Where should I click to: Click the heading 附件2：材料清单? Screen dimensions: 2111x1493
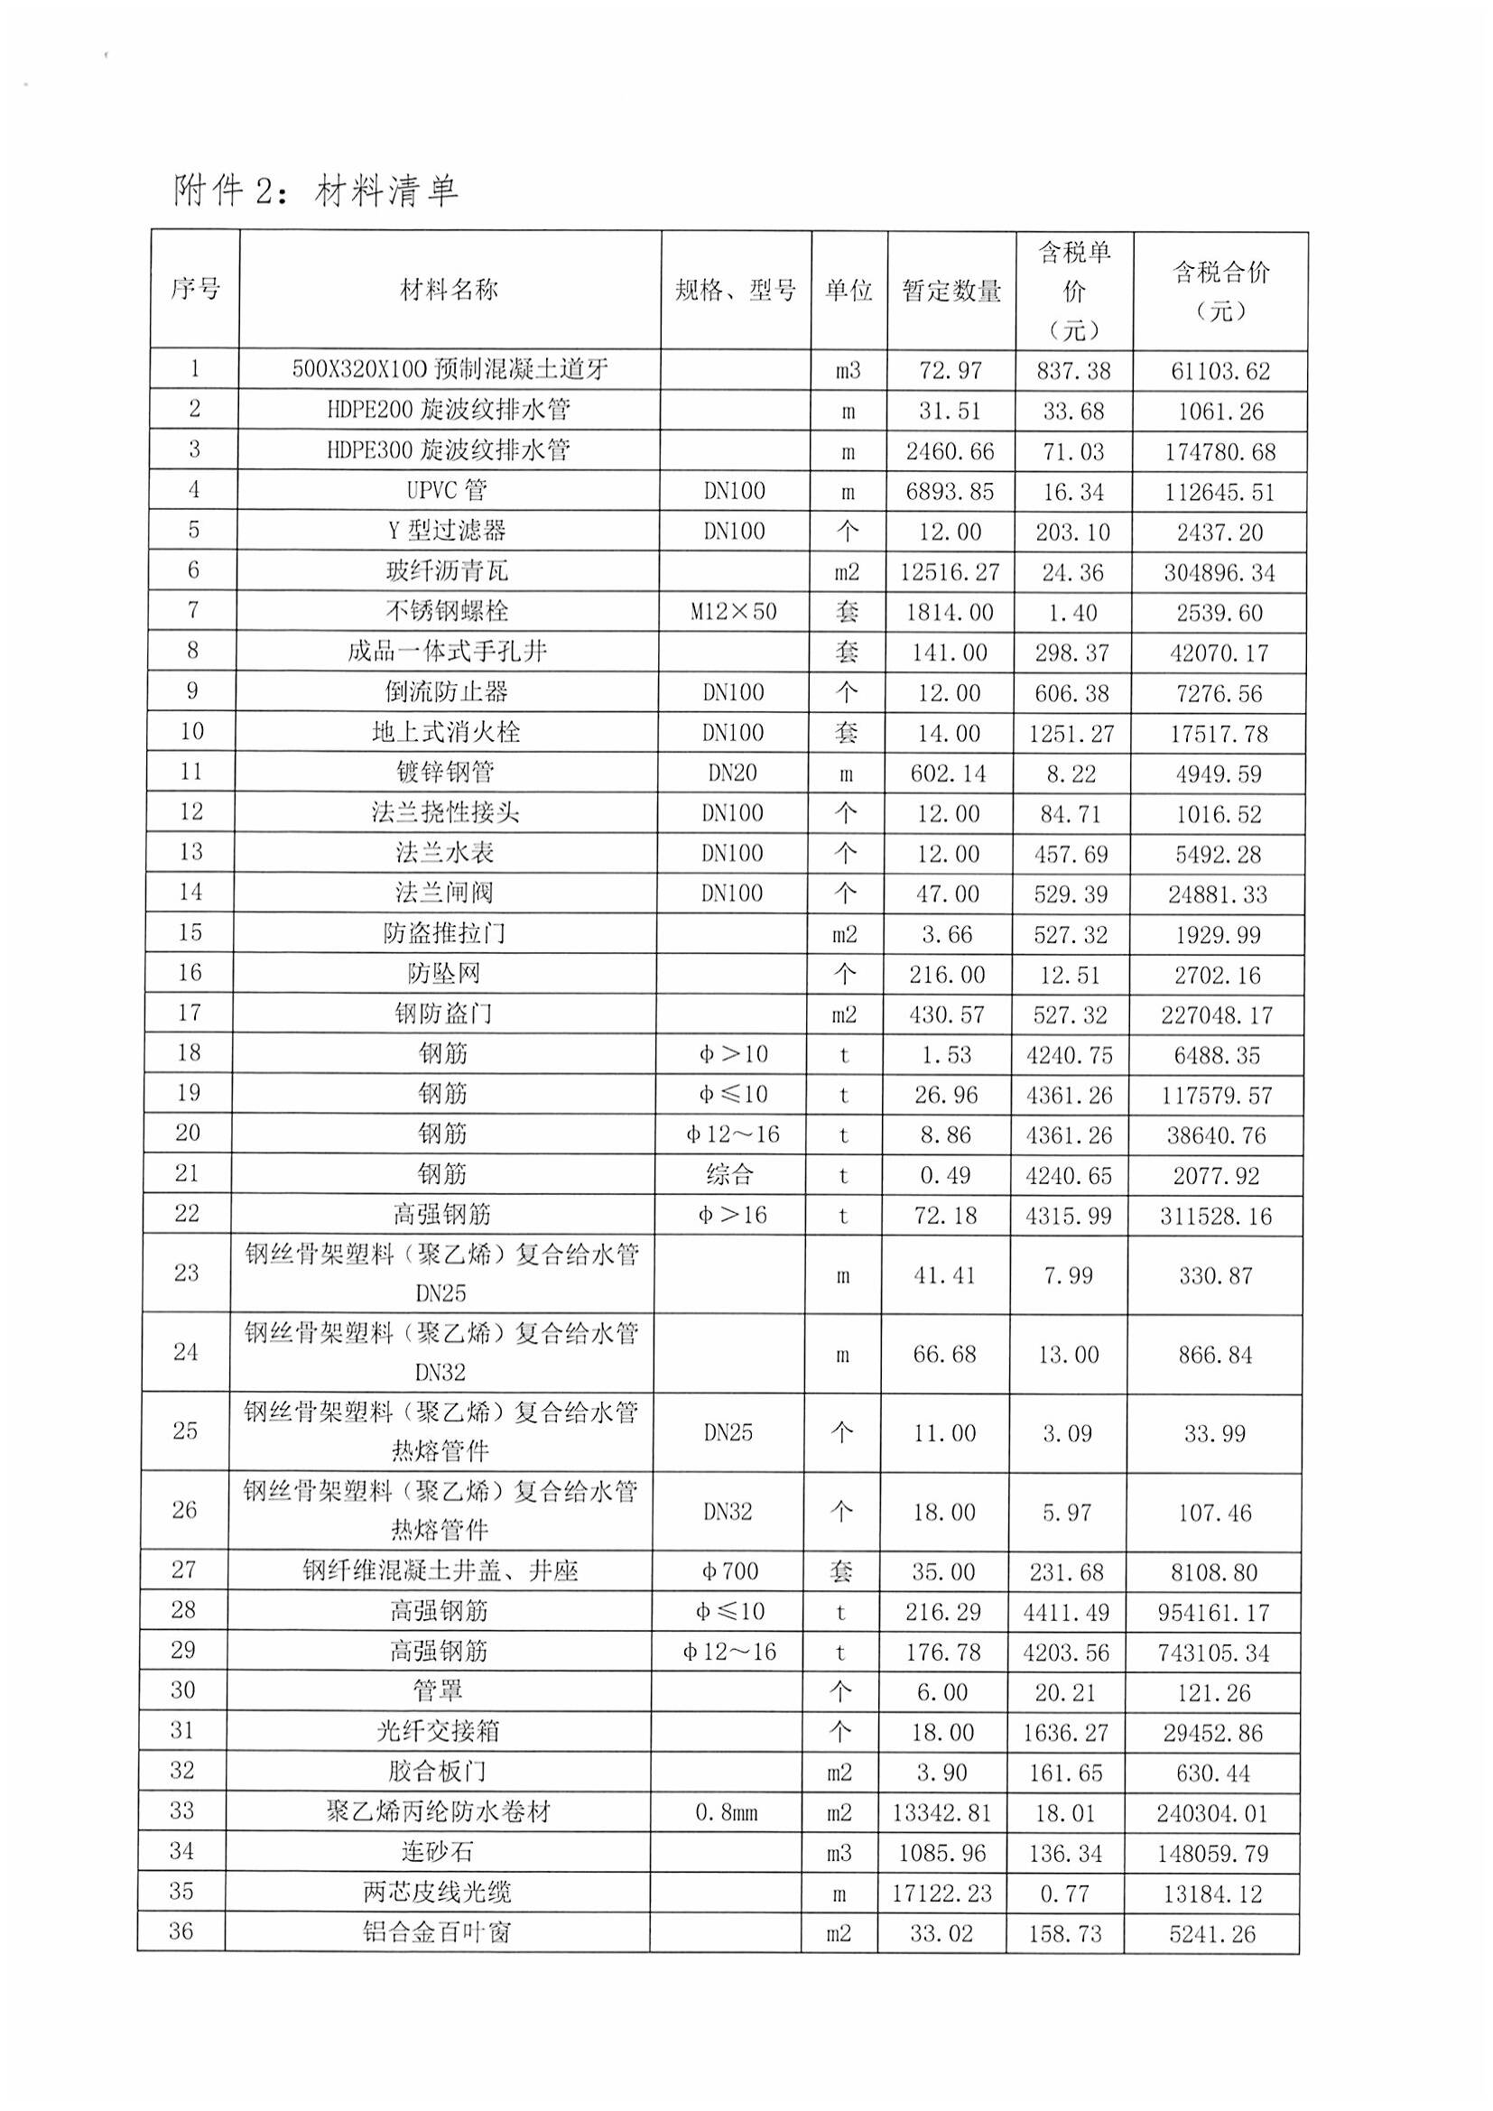314,191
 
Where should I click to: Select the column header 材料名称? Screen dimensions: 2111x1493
449,290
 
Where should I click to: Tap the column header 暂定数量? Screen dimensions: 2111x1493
951,291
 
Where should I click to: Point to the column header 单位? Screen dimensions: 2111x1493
848,291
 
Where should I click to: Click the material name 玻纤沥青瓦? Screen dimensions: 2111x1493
447,571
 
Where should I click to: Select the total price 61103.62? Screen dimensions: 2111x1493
1220,371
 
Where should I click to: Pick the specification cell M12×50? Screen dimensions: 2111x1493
734,611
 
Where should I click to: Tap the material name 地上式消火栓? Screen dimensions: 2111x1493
446,732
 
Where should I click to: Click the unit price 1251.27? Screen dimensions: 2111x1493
1072,734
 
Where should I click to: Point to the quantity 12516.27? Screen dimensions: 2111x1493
950,572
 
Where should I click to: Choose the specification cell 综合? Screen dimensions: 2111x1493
729,1174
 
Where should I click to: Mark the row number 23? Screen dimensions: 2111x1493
187,1273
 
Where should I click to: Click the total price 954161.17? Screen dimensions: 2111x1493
1214,1612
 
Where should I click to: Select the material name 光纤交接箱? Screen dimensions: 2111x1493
438,1731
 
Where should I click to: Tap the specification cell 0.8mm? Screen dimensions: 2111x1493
727,1812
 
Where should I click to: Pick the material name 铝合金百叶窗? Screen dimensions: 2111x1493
436,1931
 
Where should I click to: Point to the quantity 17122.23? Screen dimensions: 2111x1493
941,1893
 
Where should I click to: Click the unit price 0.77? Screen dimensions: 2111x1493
1064,1893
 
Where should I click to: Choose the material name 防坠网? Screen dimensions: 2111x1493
444,973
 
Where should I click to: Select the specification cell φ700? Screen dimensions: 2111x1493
730,1571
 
